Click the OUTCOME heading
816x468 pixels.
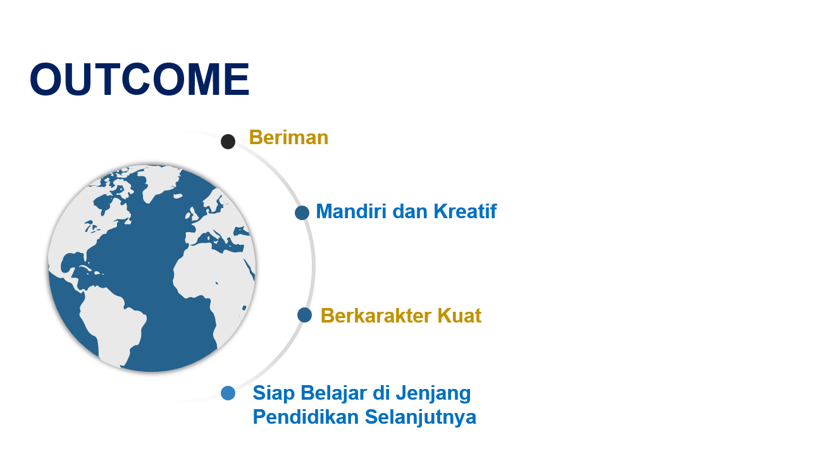pos(140,79)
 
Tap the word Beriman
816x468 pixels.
pos(288,137)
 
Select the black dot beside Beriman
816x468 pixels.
pos(228,141)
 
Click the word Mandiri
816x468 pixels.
pos(351,211)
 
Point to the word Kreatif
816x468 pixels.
pos(465,211)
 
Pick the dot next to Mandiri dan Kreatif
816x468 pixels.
pos(302,212)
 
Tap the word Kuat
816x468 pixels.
pos(459,316)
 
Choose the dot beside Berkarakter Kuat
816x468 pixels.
pos(304,315)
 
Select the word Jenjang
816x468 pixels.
pos(433,394)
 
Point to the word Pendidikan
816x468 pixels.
pos(306,417)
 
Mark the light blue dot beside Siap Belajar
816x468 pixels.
pos(228,393)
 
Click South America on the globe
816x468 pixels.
pos(111,324)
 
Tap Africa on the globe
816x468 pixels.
pos(215,284)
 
